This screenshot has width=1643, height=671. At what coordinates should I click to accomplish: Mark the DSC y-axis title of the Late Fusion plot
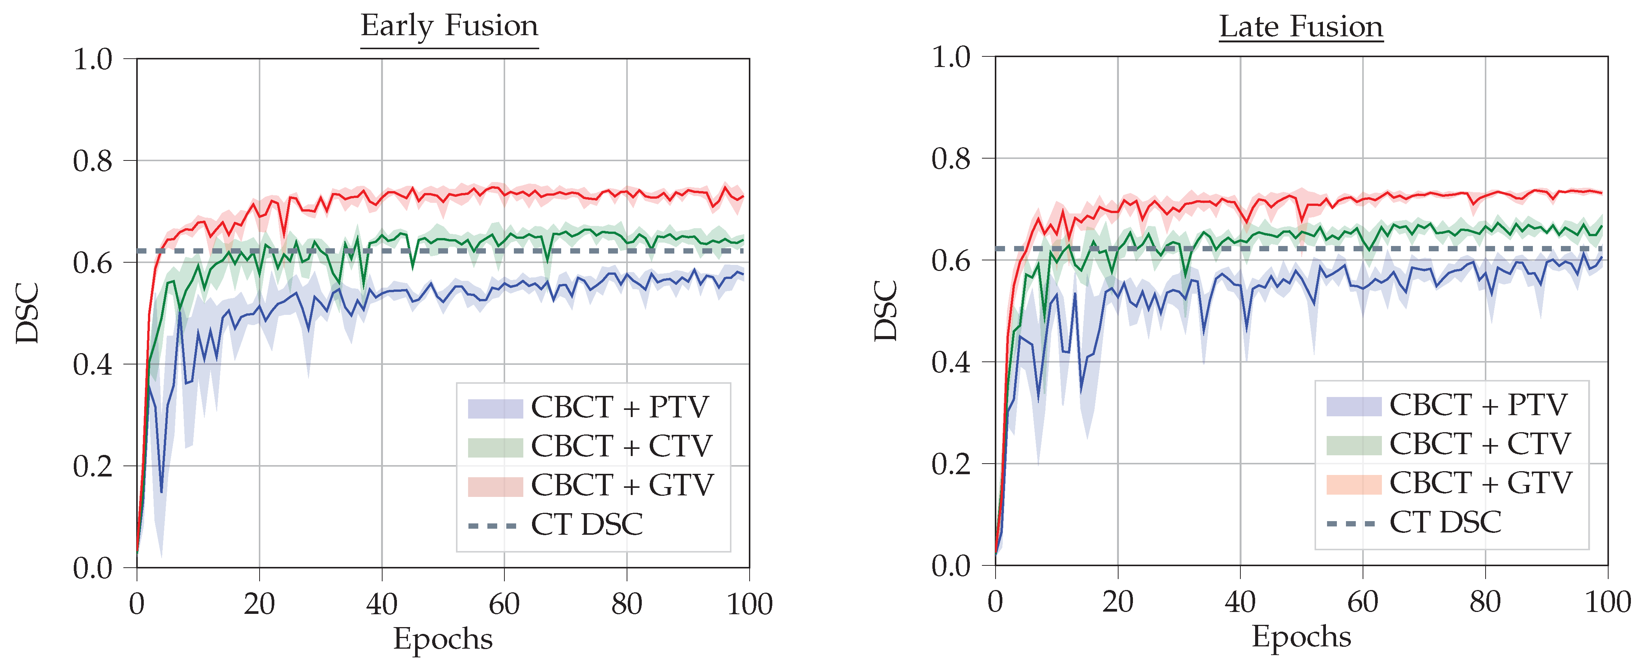(x=886, y=311)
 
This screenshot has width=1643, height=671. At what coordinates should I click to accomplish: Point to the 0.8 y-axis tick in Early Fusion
(x=92, y=161)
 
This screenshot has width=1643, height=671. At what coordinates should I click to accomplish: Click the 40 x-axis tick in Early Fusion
(x=381, y=603)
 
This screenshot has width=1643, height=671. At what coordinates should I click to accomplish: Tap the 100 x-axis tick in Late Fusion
(x=1607, y=601)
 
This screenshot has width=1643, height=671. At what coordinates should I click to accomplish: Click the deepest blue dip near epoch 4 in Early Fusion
(x=161, y=492)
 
